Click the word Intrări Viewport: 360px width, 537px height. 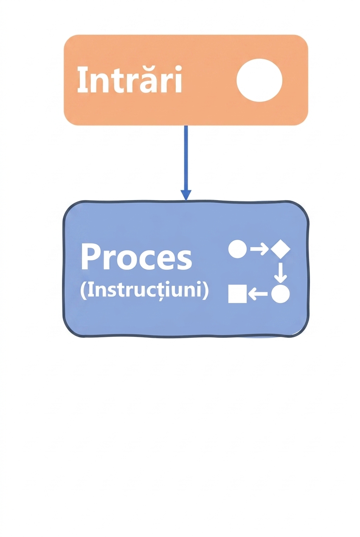pyautogui.click(x=129, y=79)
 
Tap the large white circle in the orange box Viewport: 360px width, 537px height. pyautogui.click(x=259, y=80)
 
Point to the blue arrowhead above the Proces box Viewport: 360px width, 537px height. pyautogui.click(x=186, y=195)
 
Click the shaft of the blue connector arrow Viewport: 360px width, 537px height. pyautogui.click(x=186, y=158)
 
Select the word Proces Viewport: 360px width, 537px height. pyautogui.click(x=137, y=257)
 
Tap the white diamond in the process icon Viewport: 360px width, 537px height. pyautogui.click(x=281, y=249)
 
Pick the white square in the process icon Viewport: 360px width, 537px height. pyautogui.click(x=237, y=294)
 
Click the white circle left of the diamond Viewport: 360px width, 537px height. pyautogui.click(x=237, y=249)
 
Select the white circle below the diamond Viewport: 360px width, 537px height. pyautogui.click(x=281, y=294)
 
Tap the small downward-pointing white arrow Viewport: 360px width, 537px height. pyautogui.click(x=281, y=273)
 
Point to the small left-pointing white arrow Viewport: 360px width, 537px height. pyautogui.click(x=258, y=294)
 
